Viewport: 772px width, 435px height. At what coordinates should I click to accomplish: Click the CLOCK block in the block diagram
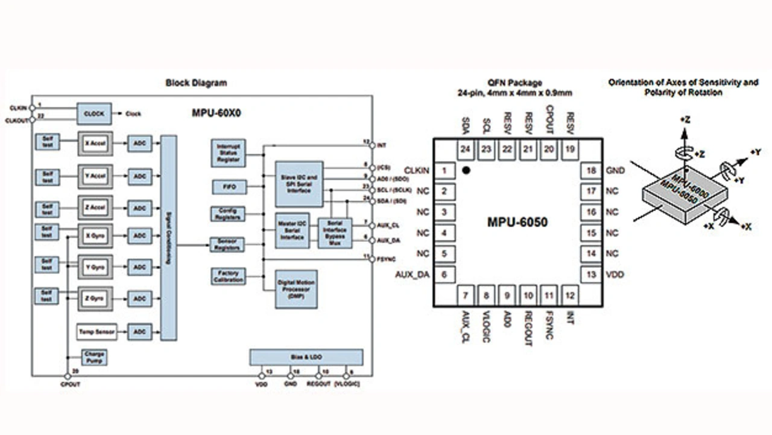point(93,113)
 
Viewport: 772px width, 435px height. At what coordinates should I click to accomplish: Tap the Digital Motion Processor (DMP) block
point(296,289)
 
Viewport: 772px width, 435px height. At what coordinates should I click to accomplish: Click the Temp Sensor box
point(96,331)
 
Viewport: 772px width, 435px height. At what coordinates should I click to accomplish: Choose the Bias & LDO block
point(306,357)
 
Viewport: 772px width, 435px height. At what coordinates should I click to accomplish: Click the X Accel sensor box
point(95,144)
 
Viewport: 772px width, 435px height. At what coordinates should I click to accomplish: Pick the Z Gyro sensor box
point(95,298)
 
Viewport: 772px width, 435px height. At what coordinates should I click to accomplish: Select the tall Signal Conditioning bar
point(169,238)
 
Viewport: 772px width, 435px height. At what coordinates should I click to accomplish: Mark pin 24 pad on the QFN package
point(465,150)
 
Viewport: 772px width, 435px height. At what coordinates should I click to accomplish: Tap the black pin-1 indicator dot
point(466,171)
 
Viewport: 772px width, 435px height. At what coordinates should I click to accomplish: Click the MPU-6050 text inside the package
point(517,223)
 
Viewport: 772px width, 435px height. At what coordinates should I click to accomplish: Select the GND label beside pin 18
point(616,171)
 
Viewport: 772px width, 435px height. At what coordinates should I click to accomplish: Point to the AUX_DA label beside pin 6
point(412,275)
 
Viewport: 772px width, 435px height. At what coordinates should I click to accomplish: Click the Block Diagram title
point(196,83)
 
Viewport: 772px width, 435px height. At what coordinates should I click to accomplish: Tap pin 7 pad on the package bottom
point(465,296)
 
